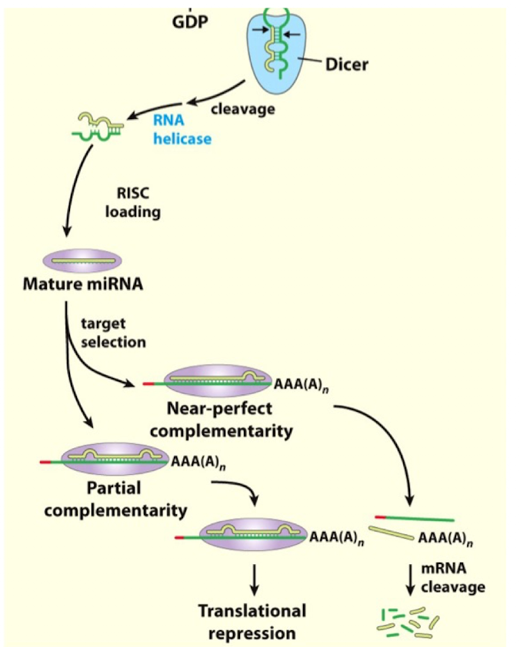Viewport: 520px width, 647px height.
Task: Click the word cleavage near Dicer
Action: [x=242, y=109]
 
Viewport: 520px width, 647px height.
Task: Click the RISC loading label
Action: [x=133, y=203]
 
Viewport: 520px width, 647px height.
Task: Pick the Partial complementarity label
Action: [x=115, y=499]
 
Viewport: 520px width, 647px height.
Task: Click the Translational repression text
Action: [x=252, y=622]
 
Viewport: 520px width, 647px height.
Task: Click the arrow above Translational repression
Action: [x=252, y=576]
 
